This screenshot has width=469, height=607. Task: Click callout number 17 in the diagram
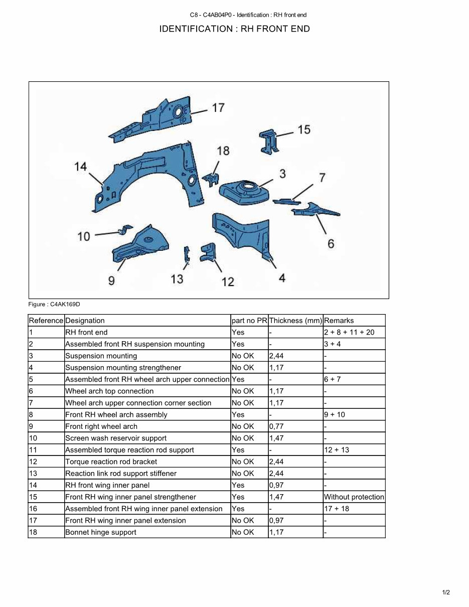pos(218,108)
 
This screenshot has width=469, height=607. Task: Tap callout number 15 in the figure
pos(304,130)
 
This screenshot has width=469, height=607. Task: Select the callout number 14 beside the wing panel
pos(81,167)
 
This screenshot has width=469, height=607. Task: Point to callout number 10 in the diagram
pos(84,236)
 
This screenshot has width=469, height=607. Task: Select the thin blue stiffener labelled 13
pos(187,255)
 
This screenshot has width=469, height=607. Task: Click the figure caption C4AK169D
pos(54,304)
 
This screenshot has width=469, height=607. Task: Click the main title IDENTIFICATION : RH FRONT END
pos(234,29)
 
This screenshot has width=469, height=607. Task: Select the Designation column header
pos(85,321)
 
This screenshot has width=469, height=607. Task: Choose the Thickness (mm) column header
pos(295,321)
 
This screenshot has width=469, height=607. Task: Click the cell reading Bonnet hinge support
pos(100,532)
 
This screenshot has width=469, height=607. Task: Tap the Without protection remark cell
pos(354,497)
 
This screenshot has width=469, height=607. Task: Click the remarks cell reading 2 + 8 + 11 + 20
pos(349,332)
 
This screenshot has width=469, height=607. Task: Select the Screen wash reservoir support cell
pos(116,438)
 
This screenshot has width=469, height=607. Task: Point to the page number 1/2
pos(446,592)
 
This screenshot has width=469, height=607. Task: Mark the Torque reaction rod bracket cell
pos(111,462)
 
